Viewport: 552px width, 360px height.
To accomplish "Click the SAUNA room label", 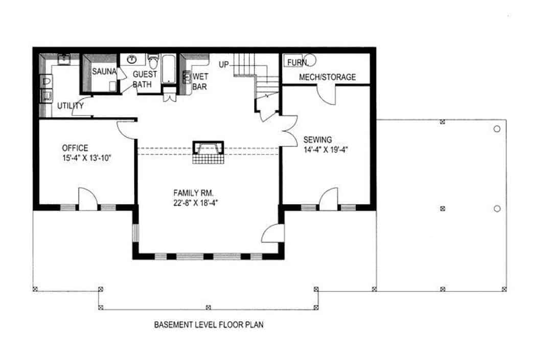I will (104, 73).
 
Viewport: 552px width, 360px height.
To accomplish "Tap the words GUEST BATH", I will (144, 79).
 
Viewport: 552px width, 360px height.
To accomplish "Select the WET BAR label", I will (200, 82).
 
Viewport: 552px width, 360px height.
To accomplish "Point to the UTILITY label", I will (70, 106).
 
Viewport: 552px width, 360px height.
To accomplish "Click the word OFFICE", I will (75, 148).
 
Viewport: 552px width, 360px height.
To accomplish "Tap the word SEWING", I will (317, 140).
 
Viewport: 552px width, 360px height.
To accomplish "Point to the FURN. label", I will (297, 62).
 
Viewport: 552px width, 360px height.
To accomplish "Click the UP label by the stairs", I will (224, 64).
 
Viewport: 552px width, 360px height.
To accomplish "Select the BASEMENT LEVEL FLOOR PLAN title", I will (209, 324).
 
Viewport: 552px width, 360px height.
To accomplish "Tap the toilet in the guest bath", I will (153, 61).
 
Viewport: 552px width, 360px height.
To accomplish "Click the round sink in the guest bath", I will (131, 59).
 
